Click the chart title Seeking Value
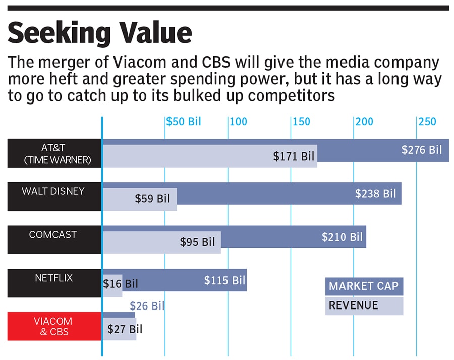click(x=100, y=33)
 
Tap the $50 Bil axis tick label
click(x=184, y=122)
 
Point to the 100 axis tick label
click(x=238, y=122)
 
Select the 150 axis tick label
click(x=301, y=122)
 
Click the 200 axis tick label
click(x=364, y=122)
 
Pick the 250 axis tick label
click(x=427, y=122)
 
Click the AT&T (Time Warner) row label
click(x=54, y=153)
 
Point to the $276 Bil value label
click(x=421, y=150)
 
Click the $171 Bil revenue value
click(x=294, y=157)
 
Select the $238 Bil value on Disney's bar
click(x=375, y=193)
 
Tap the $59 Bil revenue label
click(x=152, y=199)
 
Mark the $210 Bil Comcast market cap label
click(x=342, y=236)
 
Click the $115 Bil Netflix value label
click(x=224, y=280)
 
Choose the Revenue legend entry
click(x=354, y=305)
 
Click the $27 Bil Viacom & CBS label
click(x=125, y=329)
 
